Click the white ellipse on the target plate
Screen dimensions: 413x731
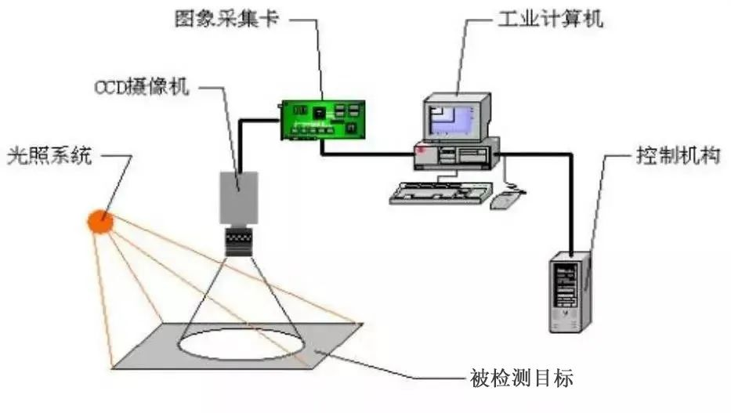tap(242, 344)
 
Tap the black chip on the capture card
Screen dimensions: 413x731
tap(320, 114)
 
